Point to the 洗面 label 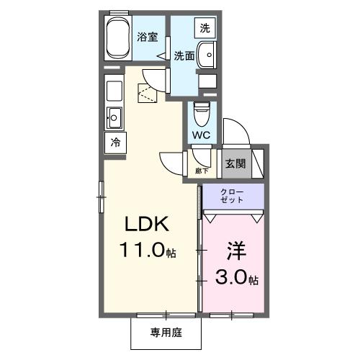pos(184,55)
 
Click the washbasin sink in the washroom pos(207,55)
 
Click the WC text pos(202,135)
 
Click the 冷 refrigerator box pos(114,142)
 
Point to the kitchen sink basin pos(114,115)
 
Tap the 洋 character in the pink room pos(237,251)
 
